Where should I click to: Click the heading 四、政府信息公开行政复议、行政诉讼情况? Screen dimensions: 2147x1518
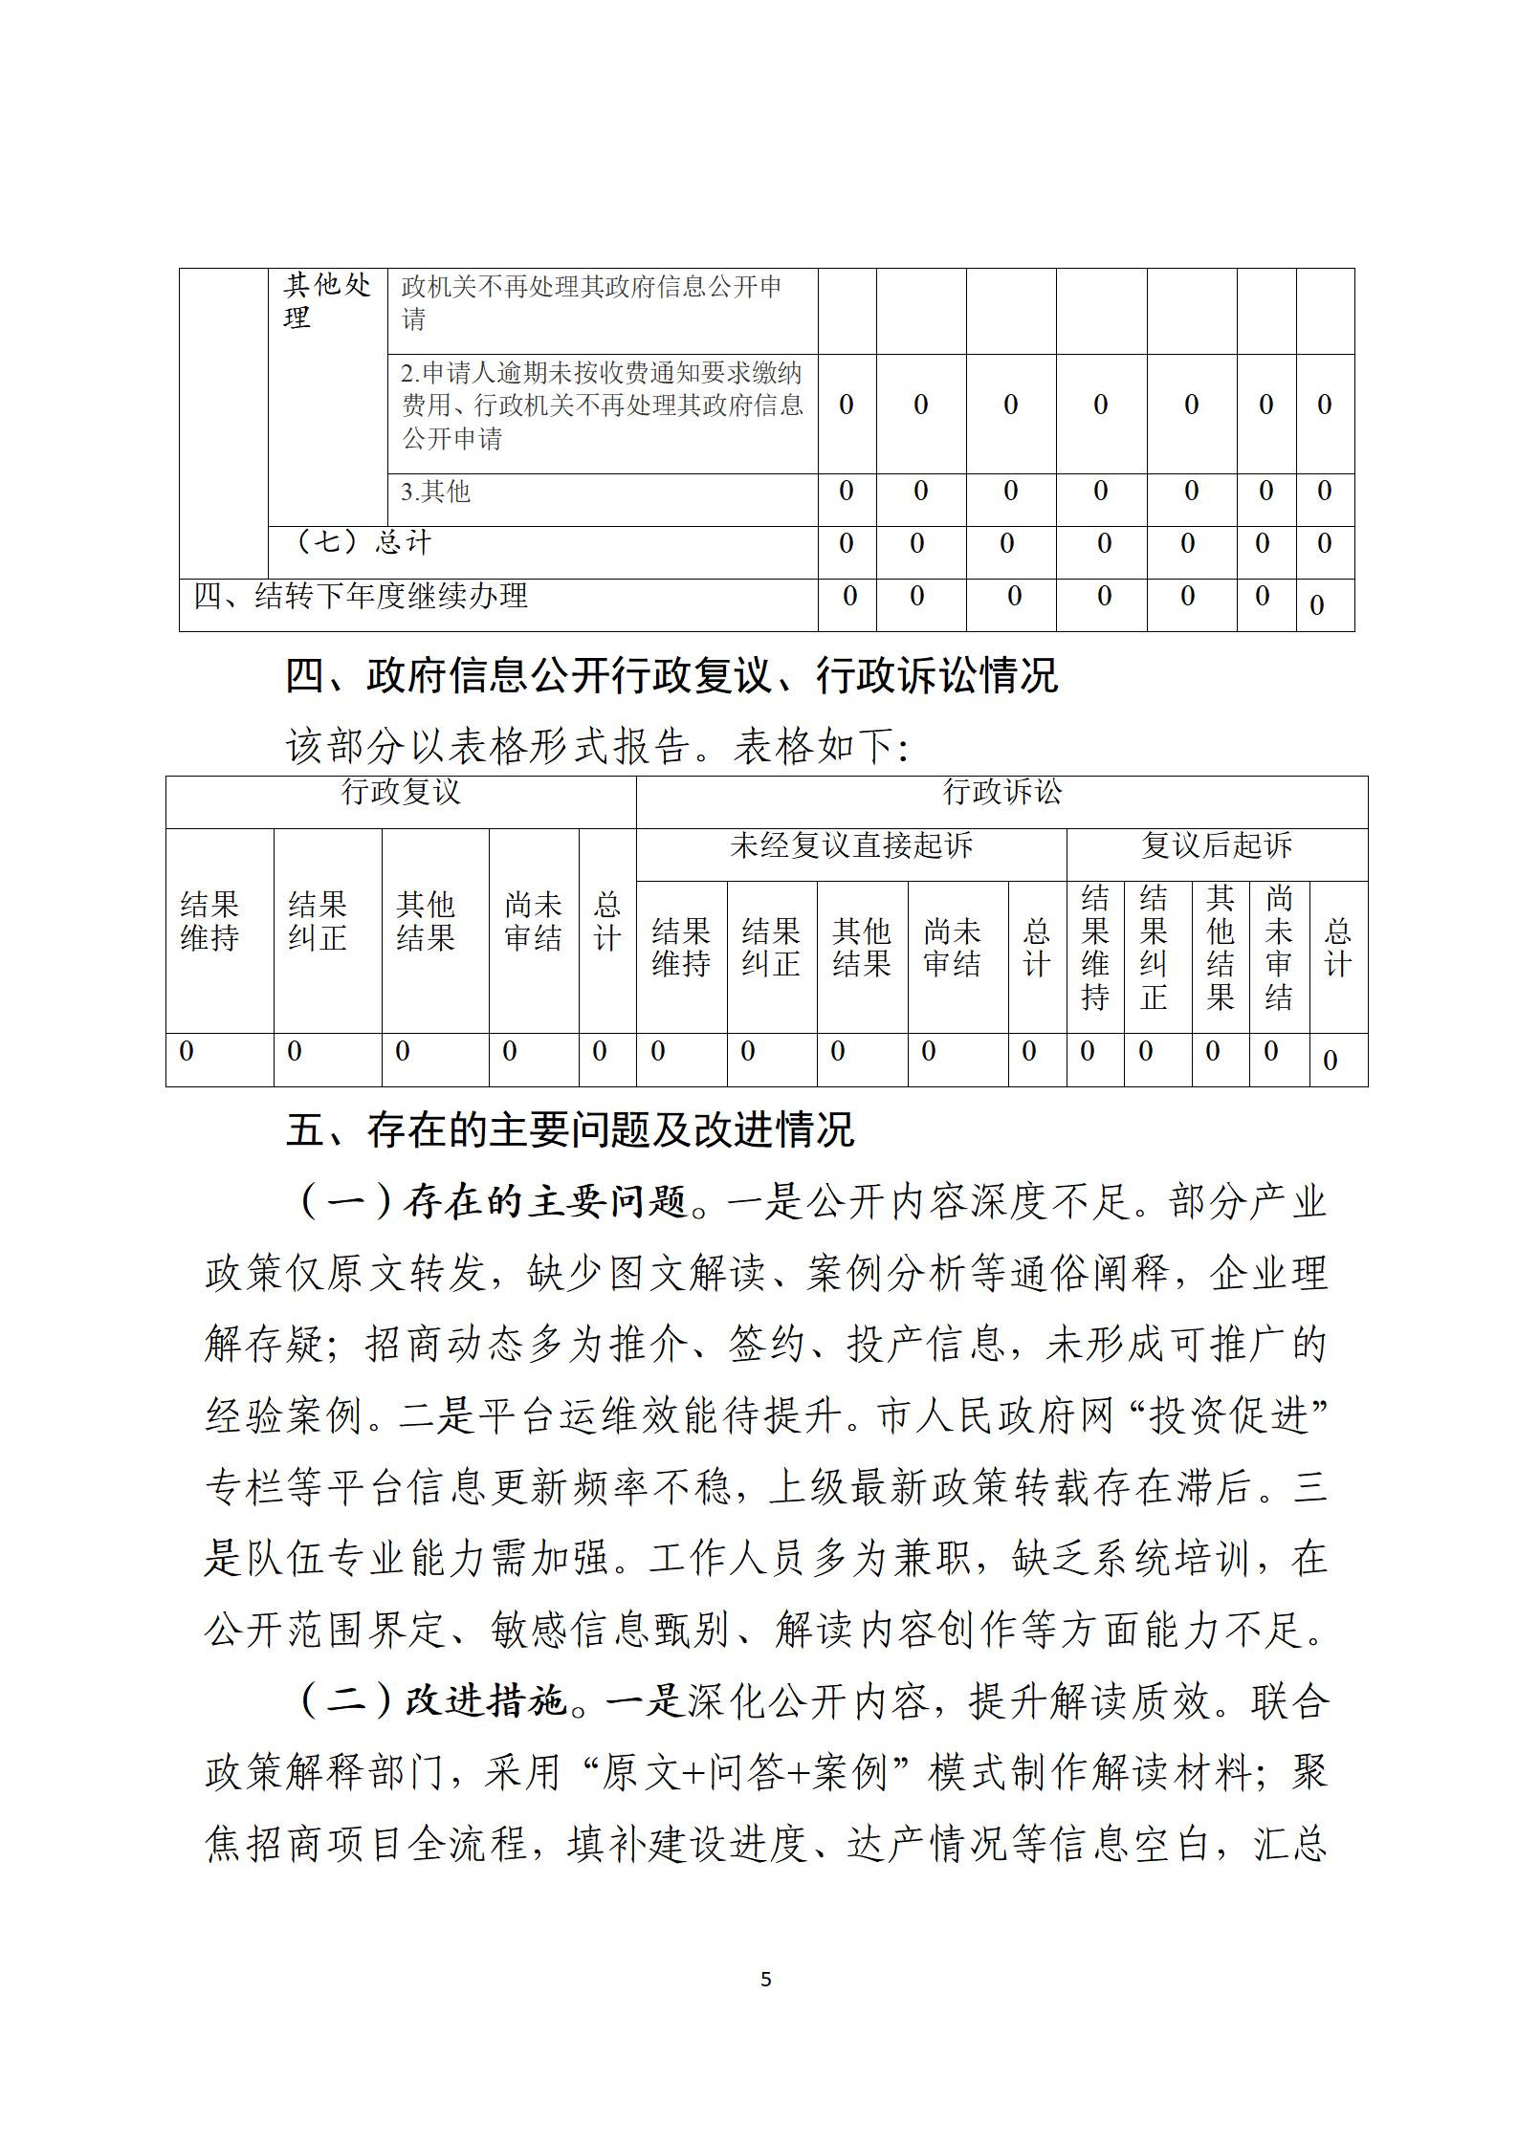click(671, 676)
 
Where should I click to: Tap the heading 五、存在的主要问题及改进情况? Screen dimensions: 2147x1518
click(569, 1130)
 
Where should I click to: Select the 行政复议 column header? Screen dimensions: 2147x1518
click(401, 792)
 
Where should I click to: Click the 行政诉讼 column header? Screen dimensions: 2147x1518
click(1001, 792)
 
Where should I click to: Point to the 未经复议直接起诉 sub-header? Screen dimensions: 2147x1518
click(850, 845)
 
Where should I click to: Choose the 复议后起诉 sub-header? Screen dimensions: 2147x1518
click(1216, 845)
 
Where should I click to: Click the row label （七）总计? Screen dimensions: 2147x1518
click(365, 542)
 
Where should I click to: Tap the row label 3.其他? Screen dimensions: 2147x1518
click(436, 492)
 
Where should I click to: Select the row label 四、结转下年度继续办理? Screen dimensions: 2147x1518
click(361, 596)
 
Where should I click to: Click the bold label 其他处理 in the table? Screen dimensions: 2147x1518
click(327, 301)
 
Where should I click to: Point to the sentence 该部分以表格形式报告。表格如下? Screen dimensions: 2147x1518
click(597, 747)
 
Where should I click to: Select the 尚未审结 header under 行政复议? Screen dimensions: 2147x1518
click(533, 921)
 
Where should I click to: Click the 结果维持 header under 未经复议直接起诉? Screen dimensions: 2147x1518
click(680, 947)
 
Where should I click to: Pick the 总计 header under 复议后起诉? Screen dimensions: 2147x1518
click(1337, 947)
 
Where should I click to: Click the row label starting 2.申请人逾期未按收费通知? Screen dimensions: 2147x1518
click(602, 405)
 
